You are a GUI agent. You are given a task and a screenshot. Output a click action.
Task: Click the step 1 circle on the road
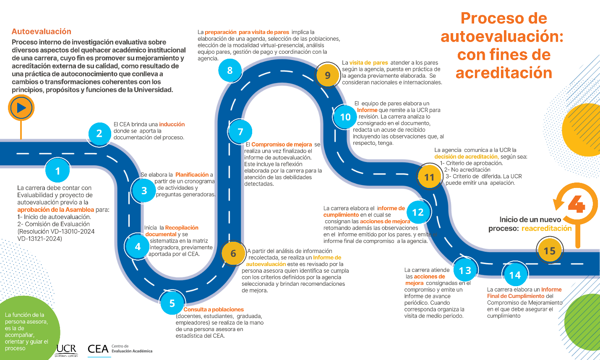click(x=57, y=171)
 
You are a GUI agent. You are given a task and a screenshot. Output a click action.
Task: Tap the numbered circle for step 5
click(x=172, y=303)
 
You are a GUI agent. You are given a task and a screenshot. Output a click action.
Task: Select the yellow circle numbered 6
click(x=233, y=253)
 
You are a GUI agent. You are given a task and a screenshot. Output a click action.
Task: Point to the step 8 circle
click(x=230, y=70)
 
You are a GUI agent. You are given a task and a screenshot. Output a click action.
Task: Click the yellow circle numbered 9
click(x=328, y=75)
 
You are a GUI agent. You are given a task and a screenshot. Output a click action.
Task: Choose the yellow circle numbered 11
click(x=429, y=177)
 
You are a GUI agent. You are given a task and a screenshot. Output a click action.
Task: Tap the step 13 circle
click(x=465, y=271)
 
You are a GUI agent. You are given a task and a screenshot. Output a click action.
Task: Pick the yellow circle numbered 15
click(x=550, y=251)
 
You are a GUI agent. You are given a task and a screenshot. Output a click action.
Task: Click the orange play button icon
click(x=21, y=108)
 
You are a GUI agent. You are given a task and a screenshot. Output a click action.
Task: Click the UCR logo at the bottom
click(x=67, y=350)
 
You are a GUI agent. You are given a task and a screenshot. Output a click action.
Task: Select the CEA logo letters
click(x=98, y=349)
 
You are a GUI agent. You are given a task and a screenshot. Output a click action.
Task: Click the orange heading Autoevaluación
click(x=42, y=31)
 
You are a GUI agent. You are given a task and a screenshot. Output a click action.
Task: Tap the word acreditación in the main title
click(x=504, y=73)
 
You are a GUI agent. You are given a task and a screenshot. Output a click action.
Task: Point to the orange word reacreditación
click(x=546, y=228)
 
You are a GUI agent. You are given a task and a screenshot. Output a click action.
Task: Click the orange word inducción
click(x=172, y=124)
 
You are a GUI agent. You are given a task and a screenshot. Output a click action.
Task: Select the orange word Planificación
click(x=192, y=175)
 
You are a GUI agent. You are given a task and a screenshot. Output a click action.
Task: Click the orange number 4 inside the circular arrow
click(x=577, y=204)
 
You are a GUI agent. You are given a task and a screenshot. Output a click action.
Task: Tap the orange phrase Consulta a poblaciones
click(x=213, y=309)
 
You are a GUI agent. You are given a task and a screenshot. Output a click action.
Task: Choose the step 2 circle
click(x=99, y=134)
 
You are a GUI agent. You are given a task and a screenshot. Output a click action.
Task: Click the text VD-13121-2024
click(x=39, y=238)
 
